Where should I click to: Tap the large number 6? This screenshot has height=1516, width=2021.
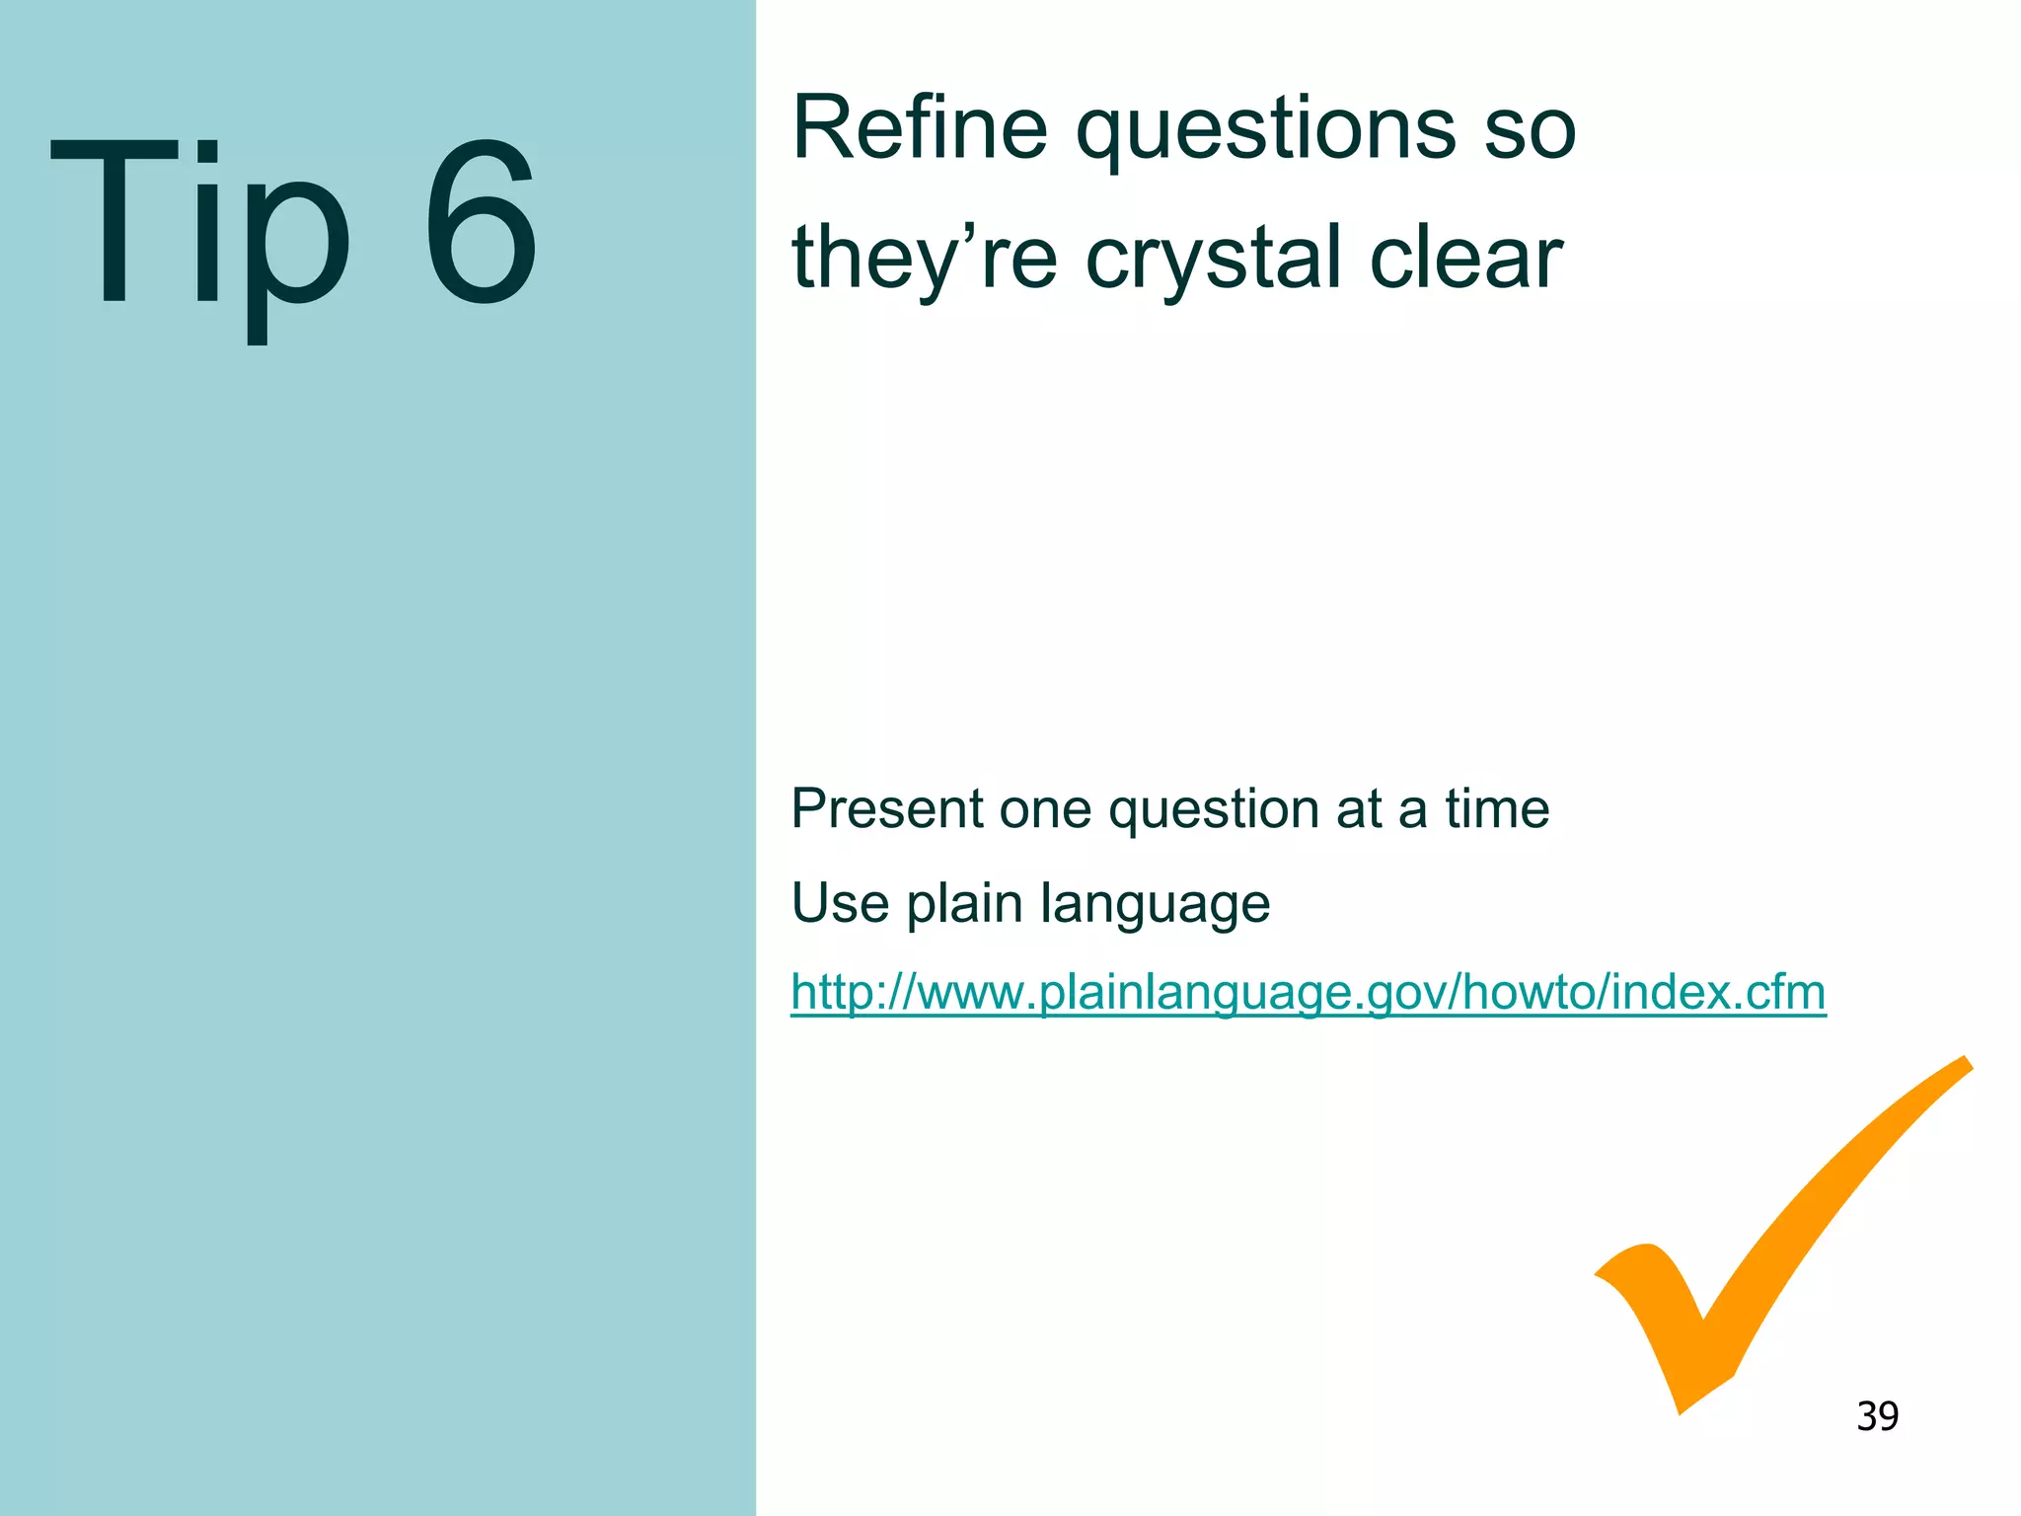tap(481, 222)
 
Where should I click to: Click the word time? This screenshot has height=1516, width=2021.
tap(1497, 809)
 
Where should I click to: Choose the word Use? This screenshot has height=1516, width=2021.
tap(840, 903)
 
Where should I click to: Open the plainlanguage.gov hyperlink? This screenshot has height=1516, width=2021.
tap(1308, 993)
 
